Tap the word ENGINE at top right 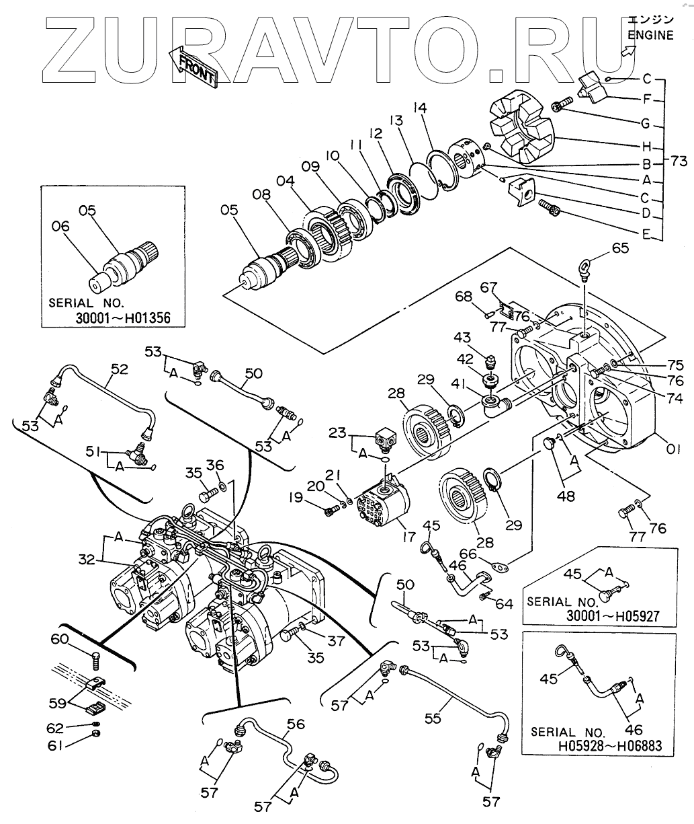650,36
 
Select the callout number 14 420,108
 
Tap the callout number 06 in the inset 61,227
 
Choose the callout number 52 119,369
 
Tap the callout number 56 296,724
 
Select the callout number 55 433,718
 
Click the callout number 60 60,639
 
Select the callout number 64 504,603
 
